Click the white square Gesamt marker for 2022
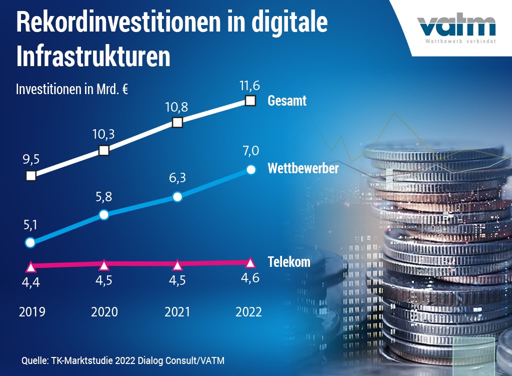[x=251, y=101]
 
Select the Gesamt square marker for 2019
[x=30, y=176]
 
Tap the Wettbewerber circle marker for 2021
[x=177, y=197]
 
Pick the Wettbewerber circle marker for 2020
[x=103, y=215]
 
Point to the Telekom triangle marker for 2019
[x=30, y=266]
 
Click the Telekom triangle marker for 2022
[x=251, y=263]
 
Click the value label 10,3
[x=104, y=134]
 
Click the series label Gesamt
[x=287, y=101]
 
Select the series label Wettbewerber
[x=303, y=168]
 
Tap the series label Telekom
[x=289, y=262]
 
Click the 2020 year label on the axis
[x=104, y=312]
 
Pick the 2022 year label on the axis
[x=248, y=312]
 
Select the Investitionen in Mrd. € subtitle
[x=72, y=90]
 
